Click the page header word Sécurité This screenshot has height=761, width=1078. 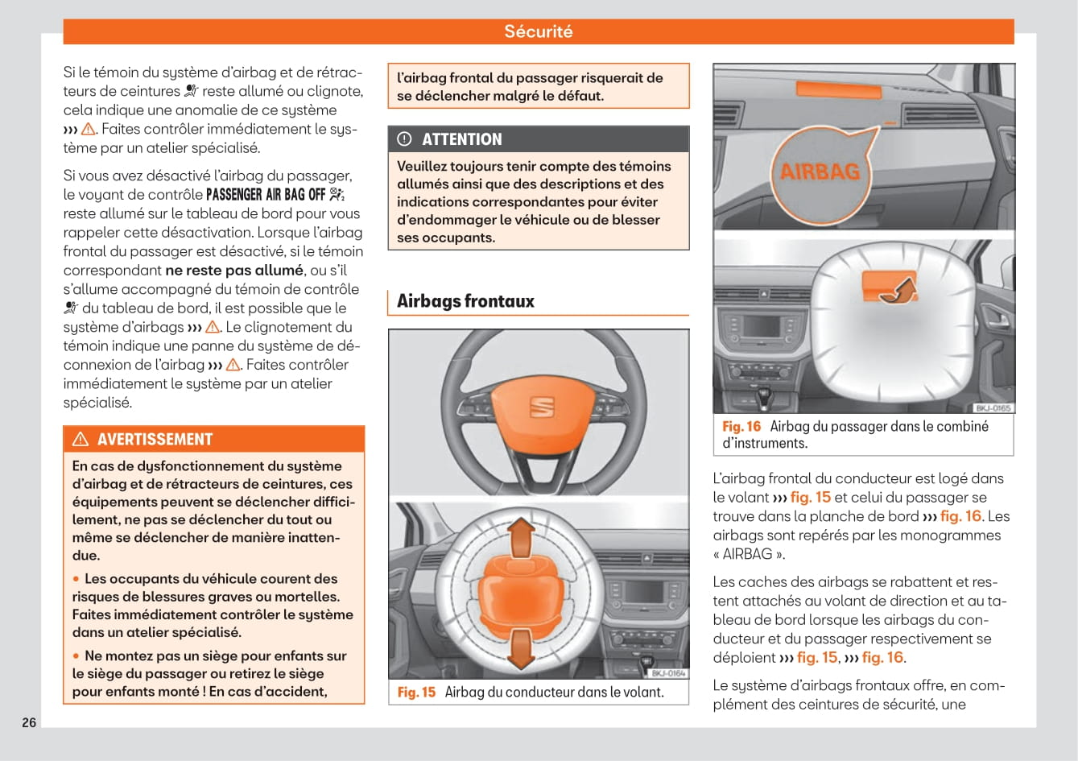[x=538, y=31]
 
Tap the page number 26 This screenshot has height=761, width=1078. [x=29, y=722]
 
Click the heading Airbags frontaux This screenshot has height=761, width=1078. [x=465, y=301]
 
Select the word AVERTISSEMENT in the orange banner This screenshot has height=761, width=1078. [x=155, y=440]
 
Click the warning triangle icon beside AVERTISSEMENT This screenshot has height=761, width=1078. [x=81, y=440]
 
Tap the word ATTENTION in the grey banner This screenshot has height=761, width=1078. [x=461, y=139]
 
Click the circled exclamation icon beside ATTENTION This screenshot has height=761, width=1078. [x=404, y=139]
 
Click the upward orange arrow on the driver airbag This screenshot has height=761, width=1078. [x=522, y=532]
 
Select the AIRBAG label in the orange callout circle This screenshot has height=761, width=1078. [x=820, y=171]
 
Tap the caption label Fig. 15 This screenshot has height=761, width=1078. [x=416, y=693]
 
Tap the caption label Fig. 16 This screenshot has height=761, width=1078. [x=741, y=427]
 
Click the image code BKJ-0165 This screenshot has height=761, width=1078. [x=993, y=408]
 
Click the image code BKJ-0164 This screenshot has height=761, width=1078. [x=667, y=673]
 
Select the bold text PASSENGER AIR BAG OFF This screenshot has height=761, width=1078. [x=266, y=195]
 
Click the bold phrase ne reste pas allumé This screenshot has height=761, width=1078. [x=233, y=271]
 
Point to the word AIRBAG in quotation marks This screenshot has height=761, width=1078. [x=748, y=554]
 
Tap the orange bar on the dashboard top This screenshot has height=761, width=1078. [x=836, y=89]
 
